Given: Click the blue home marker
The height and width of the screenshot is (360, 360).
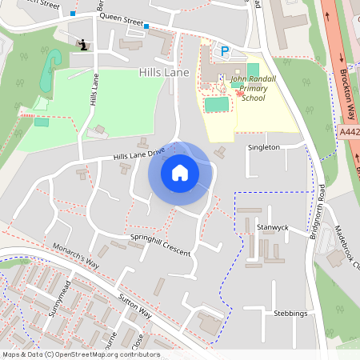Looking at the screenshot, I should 179,172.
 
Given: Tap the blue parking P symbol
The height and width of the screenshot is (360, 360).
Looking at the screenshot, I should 225,51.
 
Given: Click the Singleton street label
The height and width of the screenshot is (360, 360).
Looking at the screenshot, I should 264,147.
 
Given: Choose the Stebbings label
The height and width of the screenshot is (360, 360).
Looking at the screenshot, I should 290,313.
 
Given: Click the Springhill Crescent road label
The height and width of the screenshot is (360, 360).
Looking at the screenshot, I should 160,246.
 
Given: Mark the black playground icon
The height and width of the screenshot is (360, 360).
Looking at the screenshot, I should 84,45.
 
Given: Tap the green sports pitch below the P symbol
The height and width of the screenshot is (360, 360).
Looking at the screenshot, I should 216,104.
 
